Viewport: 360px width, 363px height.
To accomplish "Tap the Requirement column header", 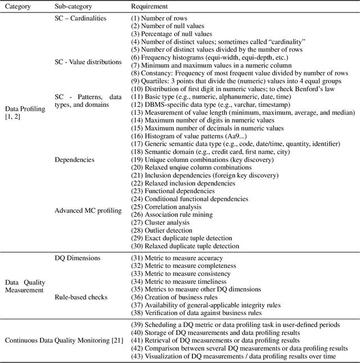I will (150, 6).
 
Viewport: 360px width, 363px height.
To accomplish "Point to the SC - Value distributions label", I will (88, 61).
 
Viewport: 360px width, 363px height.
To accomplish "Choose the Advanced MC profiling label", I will (88, 210).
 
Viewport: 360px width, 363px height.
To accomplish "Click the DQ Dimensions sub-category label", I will (78, 258).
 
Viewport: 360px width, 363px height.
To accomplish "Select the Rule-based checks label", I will (81, 297).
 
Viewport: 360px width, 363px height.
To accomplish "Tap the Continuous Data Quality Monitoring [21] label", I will (64, 340).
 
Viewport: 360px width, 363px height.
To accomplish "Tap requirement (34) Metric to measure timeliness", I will (178, 281).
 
